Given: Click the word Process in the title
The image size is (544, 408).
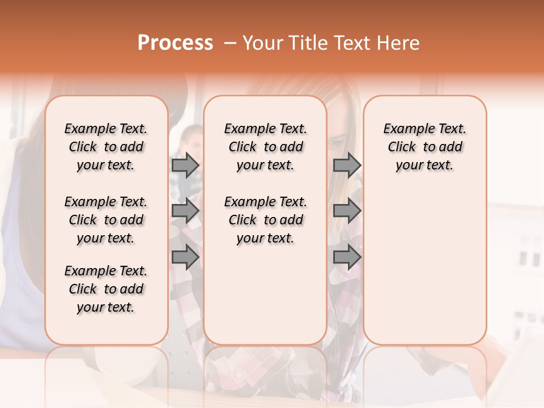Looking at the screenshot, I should pos(175,43).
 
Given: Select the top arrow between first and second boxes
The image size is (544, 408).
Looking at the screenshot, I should pos(185,165).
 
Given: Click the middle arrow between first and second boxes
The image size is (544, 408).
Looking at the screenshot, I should pos(185,211).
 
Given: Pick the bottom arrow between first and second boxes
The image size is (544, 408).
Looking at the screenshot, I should pos(185,257).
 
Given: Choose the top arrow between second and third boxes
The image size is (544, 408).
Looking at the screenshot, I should pos(347,165).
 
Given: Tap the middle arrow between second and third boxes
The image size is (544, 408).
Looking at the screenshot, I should pos(347,211).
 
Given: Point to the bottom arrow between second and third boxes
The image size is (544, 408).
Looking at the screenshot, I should pos(347,257).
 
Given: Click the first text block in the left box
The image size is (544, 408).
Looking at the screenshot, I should pos(106,147).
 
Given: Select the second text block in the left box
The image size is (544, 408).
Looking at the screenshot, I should pos(106,220).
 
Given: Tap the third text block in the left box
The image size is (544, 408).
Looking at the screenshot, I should pos(106,289).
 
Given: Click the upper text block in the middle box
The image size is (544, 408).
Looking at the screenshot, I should pos(266,147).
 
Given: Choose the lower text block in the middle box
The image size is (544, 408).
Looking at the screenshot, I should pos(266,220).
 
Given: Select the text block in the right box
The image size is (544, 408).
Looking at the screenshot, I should pos(425,147).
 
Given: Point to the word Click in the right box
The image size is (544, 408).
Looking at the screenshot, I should pos(402,147).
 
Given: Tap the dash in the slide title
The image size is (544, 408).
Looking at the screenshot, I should pos(230,43).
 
